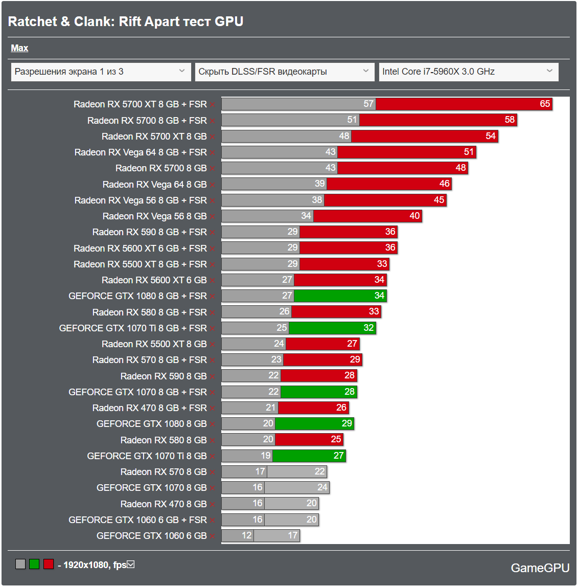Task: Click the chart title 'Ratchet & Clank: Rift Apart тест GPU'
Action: (126, 21)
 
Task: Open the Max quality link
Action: (19, 48)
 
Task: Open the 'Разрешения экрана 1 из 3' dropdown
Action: (100, 72)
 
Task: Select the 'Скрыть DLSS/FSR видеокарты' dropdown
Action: (284, 72)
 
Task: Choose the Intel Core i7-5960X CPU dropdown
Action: (468, 72)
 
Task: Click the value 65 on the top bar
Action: (545, 104)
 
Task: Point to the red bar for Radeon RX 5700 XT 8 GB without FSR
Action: (424, 136)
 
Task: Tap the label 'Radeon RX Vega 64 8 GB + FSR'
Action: (141, 152)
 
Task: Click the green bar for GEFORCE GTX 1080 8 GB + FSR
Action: (340, 296)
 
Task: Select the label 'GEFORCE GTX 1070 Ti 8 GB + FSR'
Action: (133, 328)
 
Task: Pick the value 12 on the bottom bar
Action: (247, 535)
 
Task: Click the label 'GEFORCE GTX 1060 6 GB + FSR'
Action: (137, 520)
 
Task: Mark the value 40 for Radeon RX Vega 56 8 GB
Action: (414, 216)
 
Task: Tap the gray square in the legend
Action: (20, 565)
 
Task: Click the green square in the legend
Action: (34, 565)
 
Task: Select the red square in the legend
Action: (49, 565)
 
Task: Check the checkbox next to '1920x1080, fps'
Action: (131, 565)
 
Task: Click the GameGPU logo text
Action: (540, 568)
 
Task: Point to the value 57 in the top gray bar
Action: (369, 104)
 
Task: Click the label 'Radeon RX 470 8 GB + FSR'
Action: (150, 408)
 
